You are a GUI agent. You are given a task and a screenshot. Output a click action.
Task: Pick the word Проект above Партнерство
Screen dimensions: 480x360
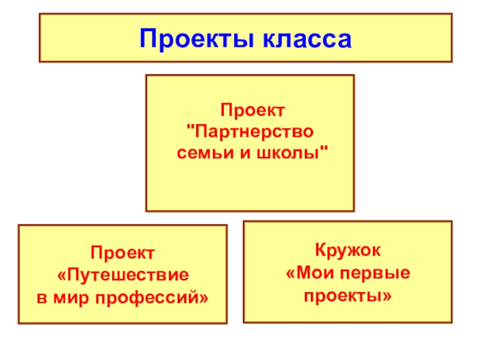253,110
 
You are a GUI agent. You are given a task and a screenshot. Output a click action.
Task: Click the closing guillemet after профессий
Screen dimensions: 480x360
205,297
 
